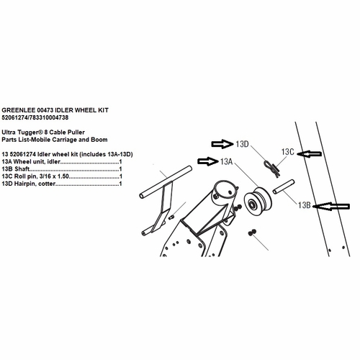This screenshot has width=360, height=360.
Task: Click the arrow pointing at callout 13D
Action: [222, 144]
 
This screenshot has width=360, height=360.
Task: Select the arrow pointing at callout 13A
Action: [208, 161]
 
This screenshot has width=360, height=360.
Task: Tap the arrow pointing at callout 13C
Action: [309, 153]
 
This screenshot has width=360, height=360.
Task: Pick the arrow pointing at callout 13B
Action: [332, 206]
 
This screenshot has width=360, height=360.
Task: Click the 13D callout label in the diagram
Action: [242, 144]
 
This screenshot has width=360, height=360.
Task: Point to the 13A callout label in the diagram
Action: [227, 161]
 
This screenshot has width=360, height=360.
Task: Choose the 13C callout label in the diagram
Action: [287, 152]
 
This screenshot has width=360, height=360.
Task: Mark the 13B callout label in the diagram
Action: [305, 205]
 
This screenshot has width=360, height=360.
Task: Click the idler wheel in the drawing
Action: [258, 200]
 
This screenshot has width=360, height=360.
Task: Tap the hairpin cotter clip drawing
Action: [271, 168]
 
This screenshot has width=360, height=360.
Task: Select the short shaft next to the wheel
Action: [284, 186]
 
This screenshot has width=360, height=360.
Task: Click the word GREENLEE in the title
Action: [18, 110]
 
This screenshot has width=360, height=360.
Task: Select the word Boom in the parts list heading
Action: [99, 140]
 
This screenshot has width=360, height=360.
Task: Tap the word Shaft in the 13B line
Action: [22, 169]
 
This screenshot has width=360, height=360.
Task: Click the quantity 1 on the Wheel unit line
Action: [120, 162]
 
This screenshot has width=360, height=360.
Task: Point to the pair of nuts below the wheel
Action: [252, 233]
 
